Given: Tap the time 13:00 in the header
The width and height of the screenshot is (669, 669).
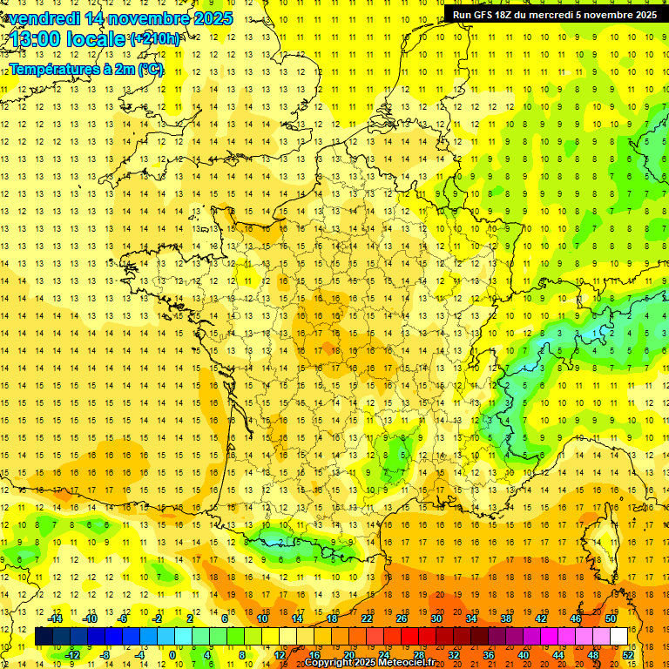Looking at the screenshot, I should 37,39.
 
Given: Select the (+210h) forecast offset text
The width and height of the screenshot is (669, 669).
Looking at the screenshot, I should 155,39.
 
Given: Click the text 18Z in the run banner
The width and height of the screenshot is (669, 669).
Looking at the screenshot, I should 504,15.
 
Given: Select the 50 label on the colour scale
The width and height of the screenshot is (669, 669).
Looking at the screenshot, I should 611,618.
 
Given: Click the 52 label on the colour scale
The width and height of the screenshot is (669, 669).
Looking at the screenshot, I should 628,654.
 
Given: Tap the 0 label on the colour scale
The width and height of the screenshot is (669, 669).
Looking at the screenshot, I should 172,654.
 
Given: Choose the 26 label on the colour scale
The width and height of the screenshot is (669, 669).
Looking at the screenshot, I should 402,618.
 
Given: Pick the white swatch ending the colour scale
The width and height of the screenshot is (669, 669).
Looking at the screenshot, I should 619,637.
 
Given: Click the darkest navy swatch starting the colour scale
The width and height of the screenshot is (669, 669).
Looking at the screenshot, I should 44,637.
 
